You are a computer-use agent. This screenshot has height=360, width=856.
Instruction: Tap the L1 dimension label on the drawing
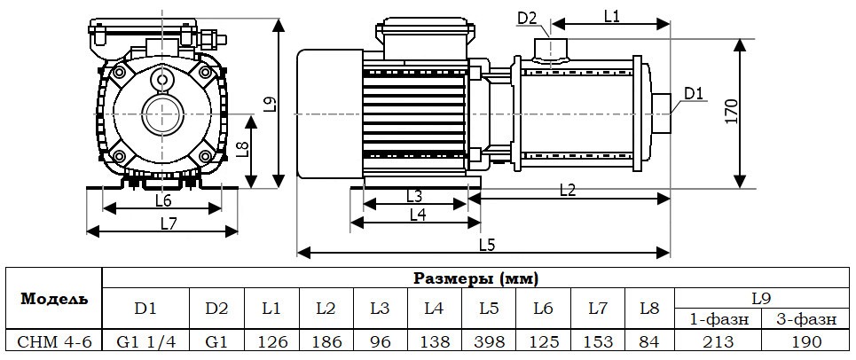(611, 15)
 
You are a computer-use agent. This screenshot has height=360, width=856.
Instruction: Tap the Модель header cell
(54, 298)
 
